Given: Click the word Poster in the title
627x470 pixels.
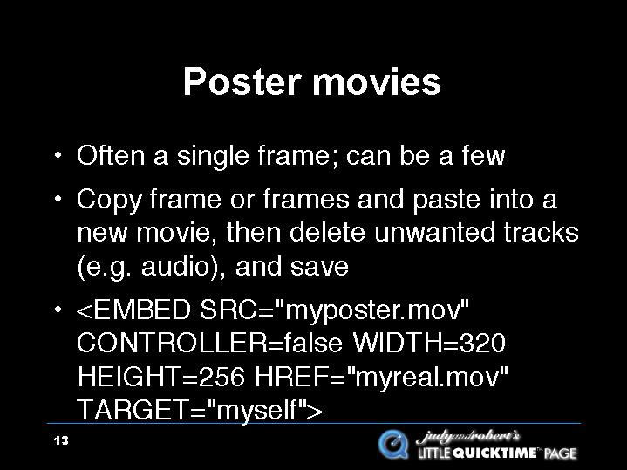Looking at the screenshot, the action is [x=242, y=82].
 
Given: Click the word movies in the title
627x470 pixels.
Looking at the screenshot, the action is [x=376, y=82].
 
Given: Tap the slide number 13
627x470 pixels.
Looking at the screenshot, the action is [x=61, y=441].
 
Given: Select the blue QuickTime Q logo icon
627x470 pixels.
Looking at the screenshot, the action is [x=393, y=444].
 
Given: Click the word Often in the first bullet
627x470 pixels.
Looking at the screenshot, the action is [x=111, y=155].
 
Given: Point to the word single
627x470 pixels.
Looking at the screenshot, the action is [x=213, y=157].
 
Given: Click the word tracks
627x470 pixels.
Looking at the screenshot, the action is [x=541, y=233].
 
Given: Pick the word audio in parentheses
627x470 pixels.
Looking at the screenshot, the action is [x=175, y=267].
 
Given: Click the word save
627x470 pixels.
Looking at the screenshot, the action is [x=319, y=267].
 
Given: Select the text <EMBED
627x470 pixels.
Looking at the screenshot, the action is [x=133, y=310].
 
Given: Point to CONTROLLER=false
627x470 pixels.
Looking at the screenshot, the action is [x=209, y=343].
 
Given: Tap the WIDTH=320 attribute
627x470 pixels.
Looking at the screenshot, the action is [x=429, y=343].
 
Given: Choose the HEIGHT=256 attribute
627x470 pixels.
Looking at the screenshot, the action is [x=160, y=377].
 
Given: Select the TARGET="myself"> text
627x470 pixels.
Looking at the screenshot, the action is [x=200, y=411].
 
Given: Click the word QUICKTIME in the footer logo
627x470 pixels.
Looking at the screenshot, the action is [x=494, y=453].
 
